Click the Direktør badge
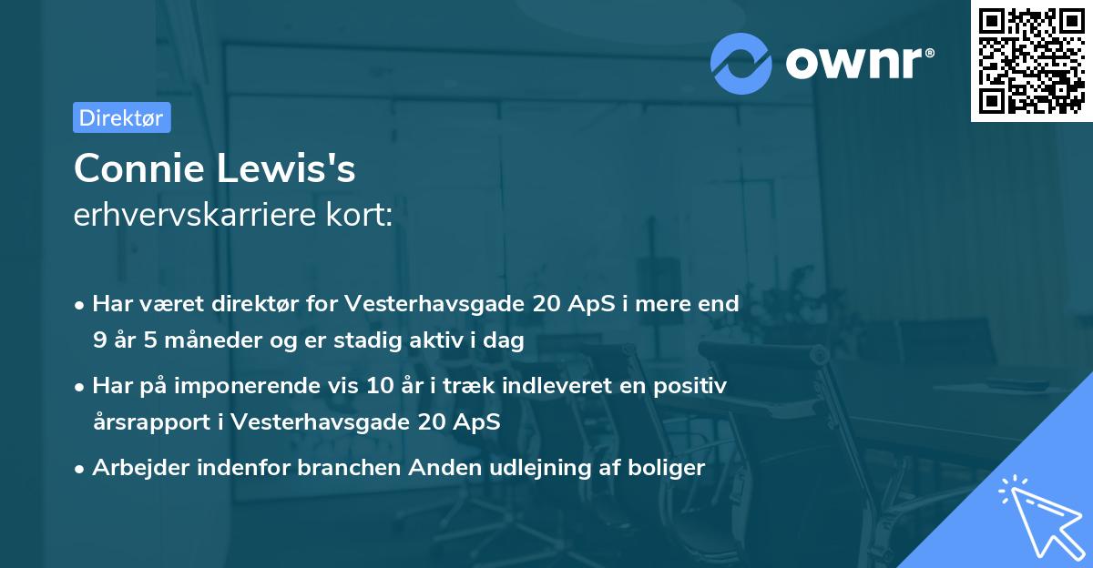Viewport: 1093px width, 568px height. [x=122, y=117]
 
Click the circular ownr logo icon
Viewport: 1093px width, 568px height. [x=741, y=62]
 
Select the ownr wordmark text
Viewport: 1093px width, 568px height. [x=857, y=62]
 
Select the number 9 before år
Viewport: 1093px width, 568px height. [x=98, y=340]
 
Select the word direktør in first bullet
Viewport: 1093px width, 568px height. [x=243, y=304]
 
